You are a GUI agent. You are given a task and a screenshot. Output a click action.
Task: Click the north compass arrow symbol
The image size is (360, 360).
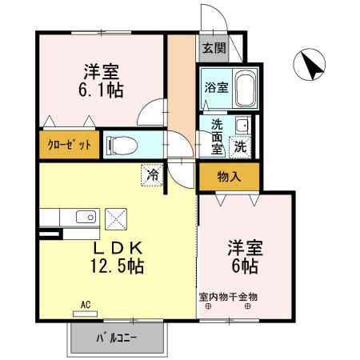[x=310, y=66]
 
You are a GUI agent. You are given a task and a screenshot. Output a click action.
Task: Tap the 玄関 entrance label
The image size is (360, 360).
[x=213, y=48]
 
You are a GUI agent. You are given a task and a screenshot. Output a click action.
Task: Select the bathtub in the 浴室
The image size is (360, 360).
[x=243, y=87]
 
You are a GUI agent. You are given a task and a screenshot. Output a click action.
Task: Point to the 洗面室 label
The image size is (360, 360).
[x=217, y=135]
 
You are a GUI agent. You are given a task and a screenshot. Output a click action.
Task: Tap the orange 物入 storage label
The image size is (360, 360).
[x=229, y=176]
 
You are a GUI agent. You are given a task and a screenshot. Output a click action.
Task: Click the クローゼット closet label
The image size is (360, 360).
[x=67, y=145]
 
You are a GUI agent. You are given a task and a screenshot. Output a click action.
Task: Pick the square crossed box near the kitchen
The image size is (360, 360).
[x=117, y=218]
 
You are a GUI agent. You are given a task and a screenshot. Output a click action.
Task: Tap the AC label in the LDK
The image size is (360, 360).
[x=86, y=303]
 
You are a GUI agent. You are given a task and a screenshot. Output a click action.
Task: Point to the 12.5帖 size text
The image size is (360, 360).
[x=117, y=266]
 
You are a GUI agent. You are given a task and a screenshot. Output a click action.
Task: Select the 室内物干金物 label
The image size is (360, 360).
[x=228, y=296]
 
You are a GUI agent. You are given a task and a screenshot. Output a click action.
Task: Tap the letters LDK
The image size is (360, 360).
[x=117, y=247]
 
